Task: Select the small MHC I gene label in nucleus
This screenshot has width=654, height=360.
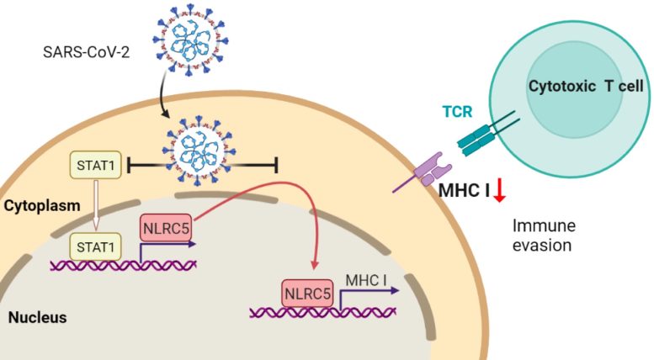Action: [x=367, y=278]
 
